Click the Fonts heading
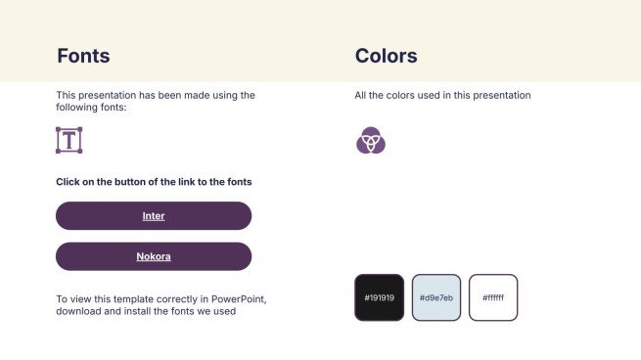(x=83, y=56)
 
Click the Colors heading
(x=386, y=56)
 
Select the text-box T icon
(x=69, y=140)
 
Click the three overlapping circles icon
(x=371, y=141)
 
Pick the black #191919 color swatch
(x=379, y=297)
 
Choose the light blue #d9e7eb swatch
(x=436, y=297)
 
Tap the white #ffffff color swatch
(x=493, y=297)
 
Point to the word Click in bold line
(x=68, y=182)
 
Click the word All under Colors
(x=360, y=96)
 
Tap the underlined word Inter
(x=154, y=216)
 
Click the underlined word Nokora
(x=154, y=256)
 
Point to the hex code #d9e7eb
(x=436, y=297)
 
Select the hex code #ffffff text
(x=493, y=297)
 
